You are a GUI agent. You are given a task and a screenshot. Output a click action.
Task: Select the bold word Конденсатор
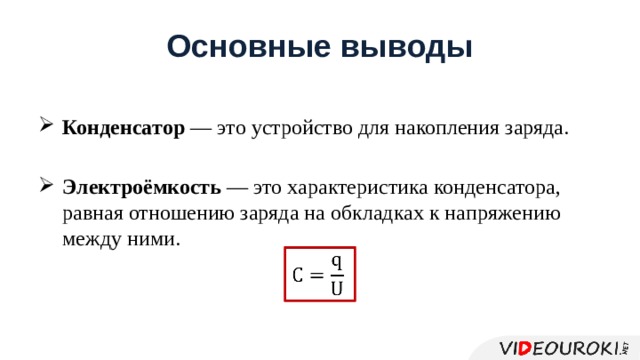pos(123,129)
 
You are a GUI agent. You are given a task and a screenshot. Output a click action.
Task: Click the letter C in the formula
pos(298,274)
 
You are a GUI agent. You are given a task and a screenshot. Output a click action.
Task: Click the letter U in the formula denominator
pos(337,288)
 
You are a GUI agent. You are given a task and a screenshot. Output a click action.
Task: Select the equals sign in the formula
pos(317,274)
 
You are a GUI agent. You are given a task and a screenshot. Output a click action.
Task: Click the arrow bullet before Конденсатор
pos(46,127)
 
